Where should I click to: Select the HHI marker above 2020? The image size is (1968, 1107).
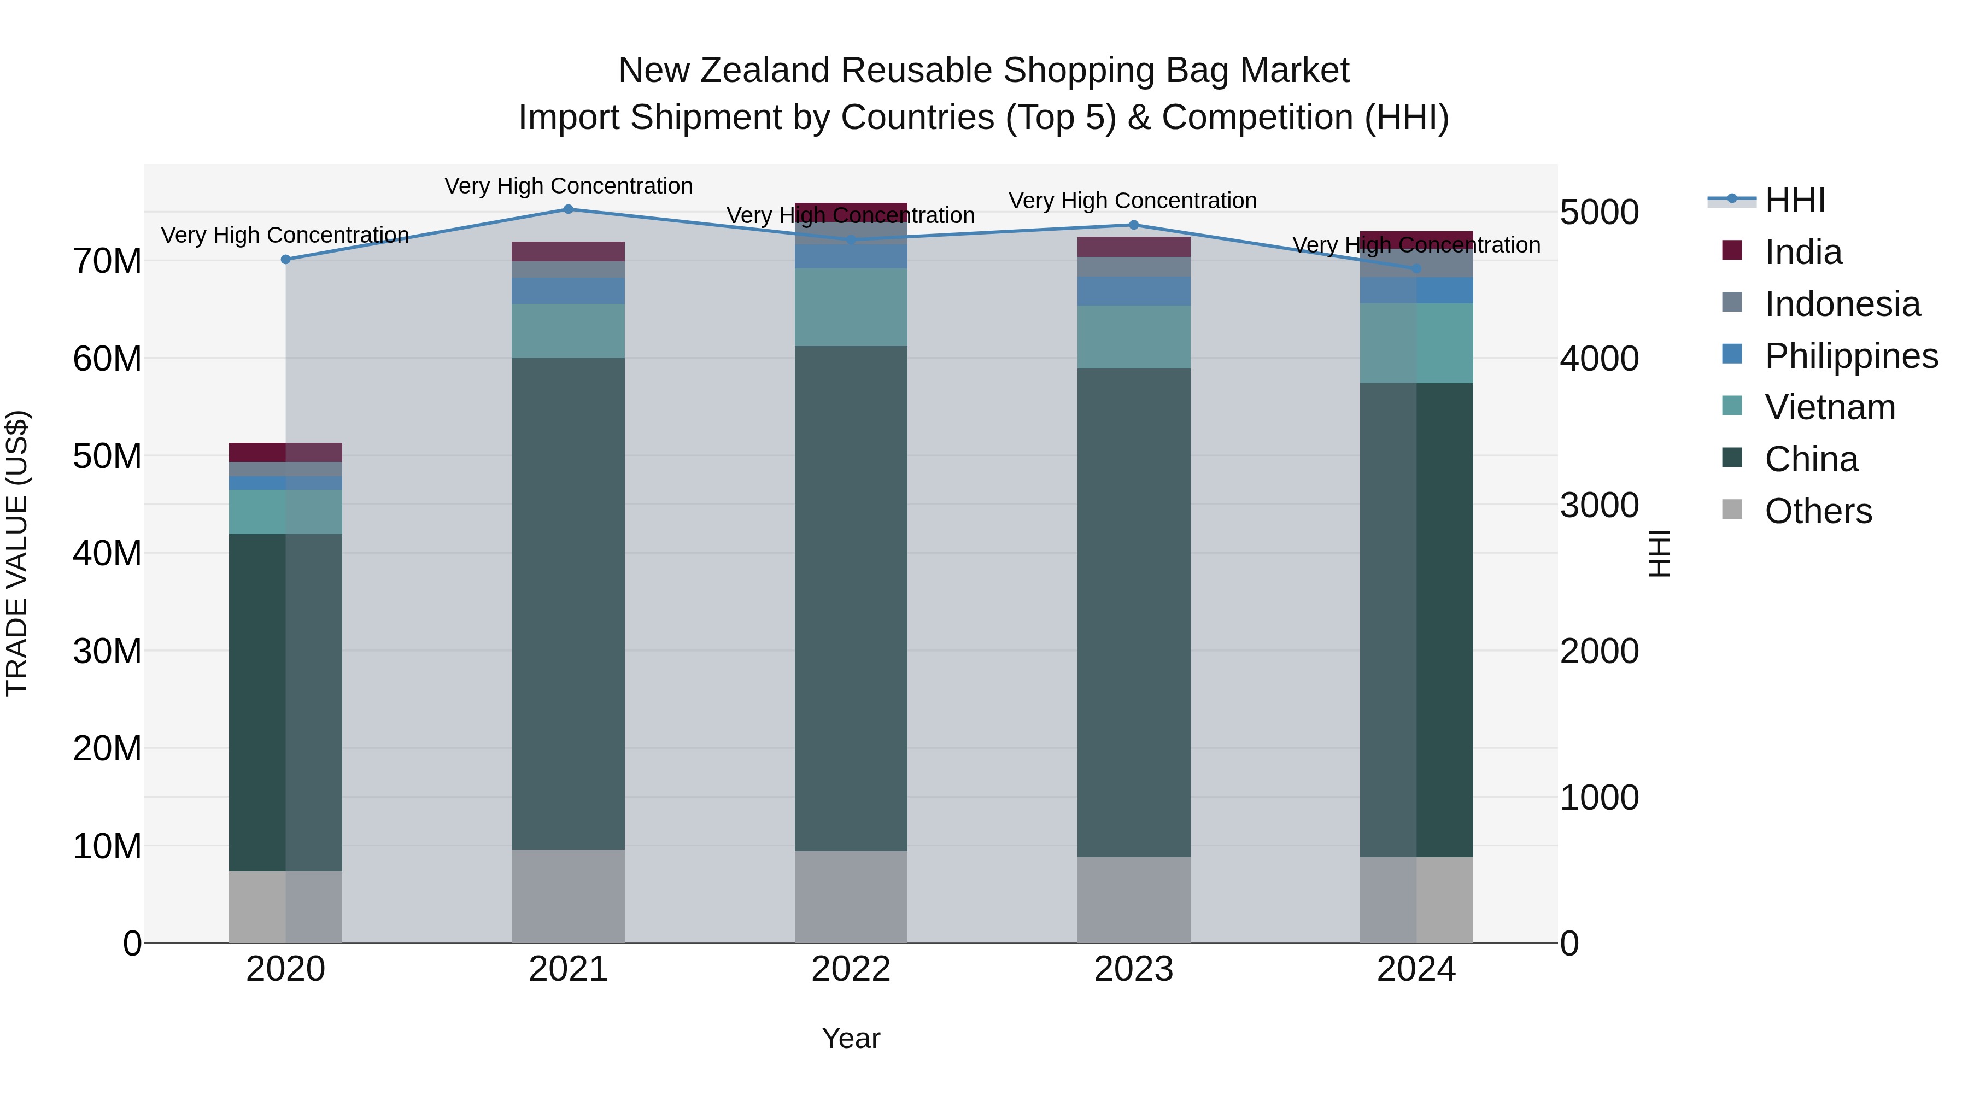(286, 259)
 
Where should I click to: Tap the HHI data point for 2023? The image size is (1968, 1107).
(1133, 225)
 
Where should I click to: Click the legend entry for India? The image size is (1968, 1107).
(1802, 252)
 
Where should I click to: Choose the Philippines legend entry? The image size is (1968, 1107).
(1850, 356)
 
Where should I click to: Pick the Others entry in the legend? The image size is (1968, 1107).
(1818, 511)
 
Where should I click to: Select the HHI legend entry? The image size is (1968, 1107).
(1795, 200)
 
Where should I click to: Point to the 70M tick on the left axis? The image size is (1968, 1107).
(107, 261)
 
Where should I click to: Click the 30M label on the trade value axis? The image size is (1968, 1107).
(107, 652)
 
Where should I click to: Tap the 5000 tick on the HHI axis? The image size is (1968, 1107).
(1598, 213)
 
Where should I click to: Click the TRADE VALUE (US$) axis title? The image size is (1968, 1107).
(17, 553)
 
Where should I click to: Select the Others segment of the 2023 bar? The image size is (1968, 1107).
(1133, 899)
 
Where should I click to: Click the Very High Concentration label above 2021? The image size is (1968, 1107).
(569, 186)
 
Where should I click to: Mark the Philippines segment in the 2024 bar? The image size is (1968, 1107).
(1416, 290)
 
